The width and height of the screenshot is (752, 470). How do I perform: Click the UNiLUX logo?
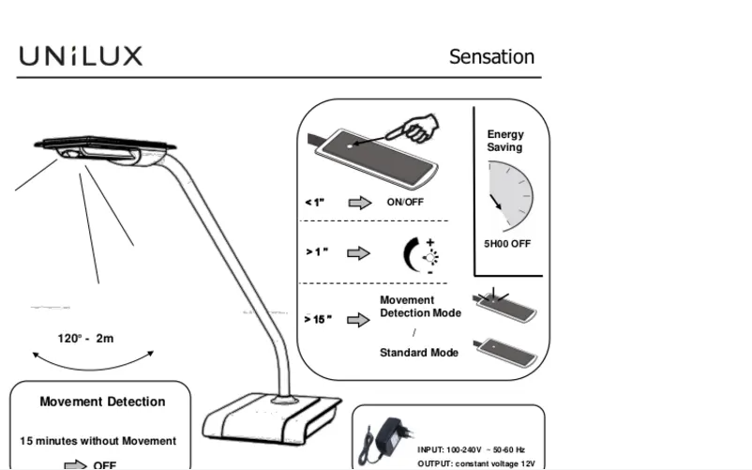81,56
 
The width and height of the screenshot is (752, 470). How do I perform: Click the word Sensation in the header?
491,56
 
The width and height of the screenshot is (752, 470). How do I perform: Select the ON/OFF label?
406,202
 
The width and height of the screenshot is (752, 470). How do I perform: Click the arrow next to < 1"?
359,202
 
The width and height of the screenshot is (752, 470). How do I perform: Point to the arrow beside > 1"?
358,252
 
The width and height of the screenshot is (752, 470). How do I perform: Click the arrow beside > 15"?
358,320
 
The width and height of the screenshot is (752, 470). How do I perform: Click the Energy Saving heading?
505,141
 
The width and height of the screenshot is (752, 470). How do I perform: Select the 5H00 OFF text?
507,244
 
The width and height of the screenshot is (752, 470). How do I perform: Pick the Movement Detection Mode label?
420,307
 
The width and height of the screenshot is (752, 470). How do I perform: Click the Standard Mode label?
419,353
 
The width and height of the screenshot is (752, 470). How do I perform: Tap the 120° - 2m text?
85,338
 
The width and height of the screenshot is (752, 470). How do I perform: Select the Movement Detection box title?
102,402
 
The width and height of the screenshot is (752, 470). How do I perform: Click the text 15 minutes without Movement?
98,441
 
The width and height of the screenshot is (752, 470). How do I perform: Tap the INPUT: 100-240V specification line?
472,450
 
